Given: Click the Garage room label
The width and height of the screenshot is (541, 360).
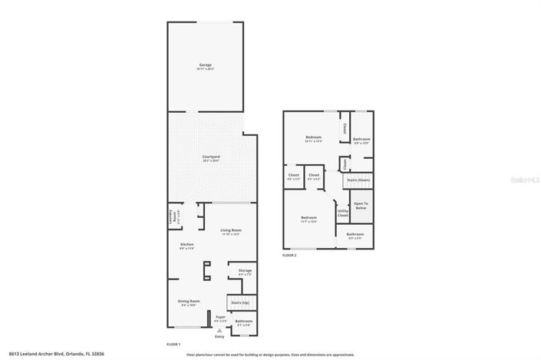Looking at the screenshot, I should (x=206, y=65).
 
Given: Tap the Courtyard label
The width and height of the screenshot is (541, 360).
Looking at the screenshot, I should (x=211, y=157).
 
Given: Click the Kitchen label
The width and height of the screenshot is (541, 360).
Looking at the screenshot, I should (x=186, y=245).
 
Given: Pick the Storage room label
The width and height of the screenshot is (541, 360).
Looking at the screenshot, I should (x=245, y=271).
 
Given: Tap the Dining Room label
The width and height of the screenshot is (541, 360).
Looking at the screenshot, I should (x=189, y=301).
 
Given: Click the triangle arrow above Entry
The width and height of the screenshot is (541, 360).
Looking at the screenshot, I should (x=219, y=330).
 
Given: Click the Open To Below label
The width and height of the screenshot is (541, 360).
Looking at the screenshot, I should (x=361, y=206).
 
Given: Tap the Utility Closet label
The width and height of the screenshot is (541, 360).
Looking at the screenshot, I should (x=342, y=213).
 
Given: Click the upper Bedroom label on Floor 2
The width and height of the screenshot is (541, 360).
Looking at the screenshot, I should (x=312, y=138).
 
